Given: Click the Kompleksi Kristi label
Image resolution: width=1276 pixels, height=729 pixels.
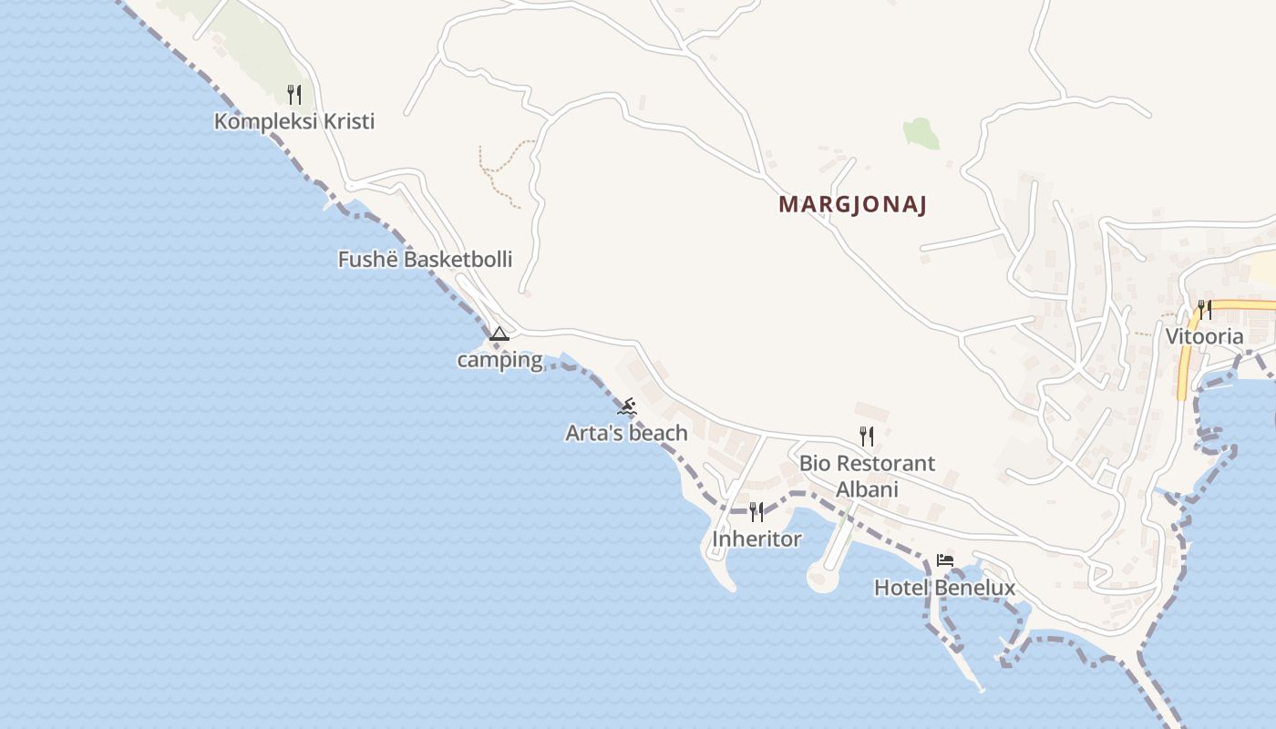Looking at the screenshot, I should [294, 121].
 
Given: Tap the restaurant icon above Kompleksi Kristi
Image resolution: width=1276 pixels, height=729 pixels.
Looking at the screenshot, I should [294, 94].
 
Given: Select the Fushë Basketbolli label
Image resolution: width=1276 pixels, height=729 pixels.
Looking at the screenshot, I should [425, 260].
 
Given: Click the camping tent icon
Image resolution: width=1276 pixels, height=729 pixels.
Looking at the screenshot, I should [499, 334].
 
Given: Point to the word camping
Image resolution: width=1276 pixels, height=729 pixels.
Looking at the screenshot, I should [499, 360].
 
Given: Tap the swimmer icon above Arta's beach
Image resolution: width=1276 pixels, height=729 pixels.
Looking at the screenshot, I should [626, 406].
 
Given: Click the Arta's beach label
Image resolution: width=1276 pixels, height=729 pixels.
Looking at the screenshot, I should [626, 433].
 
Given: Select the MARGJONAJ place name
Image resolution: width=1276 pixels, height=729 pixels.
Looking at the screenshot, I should [852, 205].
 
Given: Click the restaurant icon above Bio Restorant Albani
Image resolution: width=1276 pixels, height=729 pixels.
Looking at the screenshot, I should [866, 436].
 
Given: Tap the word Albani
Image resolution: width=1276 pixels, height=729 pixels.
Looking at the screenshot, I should [867, 489].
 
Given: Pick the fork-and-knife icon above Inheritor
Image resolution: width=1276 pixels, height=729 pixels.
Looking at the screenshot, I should [756, 512].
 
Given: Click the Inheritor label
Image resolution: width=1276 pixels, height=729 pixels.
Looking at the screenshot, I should [756, 539].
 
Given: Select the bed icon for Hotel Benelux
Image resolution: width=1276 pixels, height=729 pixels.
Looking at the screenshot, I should [945, 560].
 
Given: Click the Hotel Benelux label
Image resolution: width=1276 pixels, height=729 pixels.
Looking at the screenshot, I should [944, 588].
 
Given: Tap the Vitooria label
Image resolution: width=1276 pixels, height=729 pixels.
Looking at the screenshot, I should [1204, 337].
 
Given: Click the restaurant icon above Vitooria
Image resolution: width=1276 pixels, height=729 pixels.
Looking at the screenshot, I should [1204, 310].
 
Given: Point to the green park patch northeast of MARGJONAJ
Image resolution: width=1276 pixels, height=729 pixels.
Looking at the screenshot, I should [921, 133].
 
